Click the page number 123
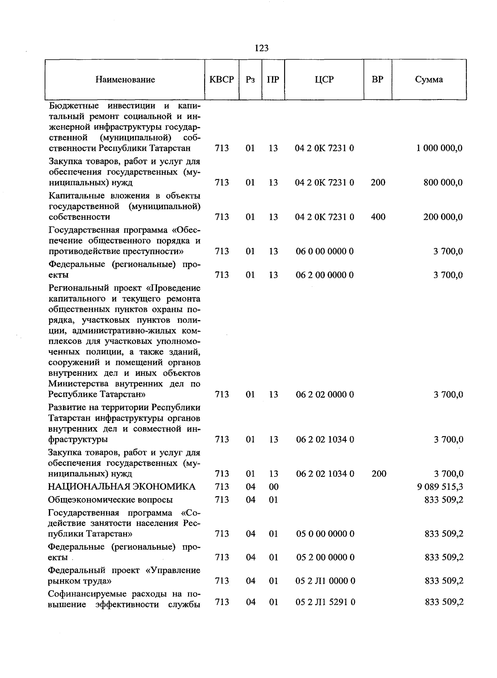[x=261, y=48]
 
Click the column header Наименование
[x=125, y=80]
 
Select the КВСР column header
[x=222, y=79]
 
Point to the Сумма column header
[x=429, y=79]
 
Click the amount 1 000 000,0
[x=439, y=148]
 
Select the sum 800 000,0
[x=442, y=182]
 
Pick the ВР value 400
[x=378, y=216]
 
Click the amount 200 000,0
[x=442, y=217]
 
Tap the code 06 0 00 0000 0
[x=325, y=251]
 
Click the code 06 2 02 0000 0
[x=325, y=394]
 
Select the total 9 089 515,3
[x=440, y=486]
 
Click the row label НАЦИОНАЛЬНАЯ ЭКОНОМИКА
[x=122, y=486]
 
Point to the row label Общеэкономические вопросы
[x=111, y=500]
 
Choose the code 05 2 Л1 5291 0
[x=325, y=602]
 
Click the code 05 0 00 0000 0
[x=325, y=534]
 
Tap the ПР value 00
[x=273, y=486]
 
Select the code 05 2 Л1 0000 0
[x=325, y=581]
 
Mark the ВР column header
[x=377, y=79]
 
